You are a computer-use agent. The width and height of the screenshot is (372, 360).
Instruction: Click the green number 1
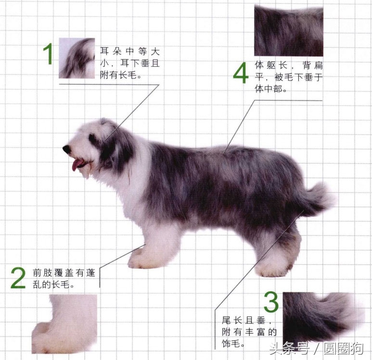(x=48, y=54)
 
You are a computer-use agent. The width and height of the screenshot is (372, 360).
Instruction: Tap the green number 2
(x=18, y=278)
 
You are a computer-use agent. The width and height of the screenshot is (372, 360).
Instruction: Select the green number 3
(x=271, y=302)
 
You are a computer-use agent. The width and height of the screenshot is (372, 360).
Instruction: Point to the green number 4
(x=241, y=73)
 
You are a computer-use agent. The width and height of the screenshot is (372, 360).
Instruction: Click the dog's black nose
(x=67, y=149)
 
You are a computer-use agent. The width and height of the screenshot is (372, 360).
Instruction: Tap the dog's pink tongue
(x=76, y=165)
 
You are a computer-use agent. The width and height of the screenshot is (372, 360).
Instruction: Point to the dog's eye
(x=91, y=137)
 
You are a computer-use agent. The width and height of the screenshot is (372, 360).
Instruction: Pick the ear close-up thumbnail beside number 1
(x=77, y=58)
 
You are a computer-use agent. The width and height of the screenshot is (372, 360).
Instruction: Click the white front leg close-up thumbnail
(x=64, y=324)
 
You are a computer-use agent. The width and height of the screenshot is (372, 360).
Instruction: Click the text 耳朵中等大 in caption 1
(x=130, y=51)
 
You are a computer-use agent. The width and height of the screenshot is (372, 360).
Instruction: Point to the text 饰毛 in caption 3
(x=231, y=343)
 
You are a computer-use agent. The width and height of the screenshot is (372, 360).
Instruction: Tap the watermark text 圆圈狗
(x=344, y=348)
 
